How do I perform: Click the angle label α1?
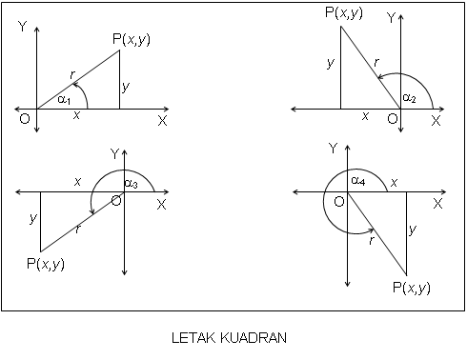[x=65, y=97]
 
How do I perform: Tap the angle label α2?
[x=410, y=98]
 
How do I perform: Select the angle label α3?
[x=132, y=183]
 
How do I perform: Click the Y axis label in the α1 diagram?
[x=22, y=28]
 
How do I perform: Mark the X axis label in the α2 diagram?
[x=436, y=121]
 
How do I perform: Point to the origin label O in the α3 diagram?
[x=116, y=200]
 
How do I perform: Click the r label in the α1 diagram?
[x=73, y=72]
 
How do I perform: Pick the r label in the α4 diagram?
[x=372, y=240]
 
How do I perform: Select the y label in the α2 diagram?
[x=330, y=63]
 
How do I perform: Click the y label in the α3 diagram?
[x=33, y=218]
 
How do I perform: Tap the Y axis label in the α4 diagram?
[x=333, y=148]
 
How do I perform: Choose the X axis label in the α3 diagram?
[x=161, y=204]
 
